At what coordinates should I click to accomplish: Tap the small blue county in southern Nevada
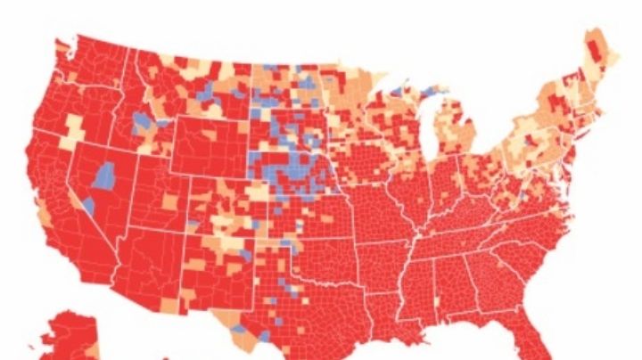coord(89,206)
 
